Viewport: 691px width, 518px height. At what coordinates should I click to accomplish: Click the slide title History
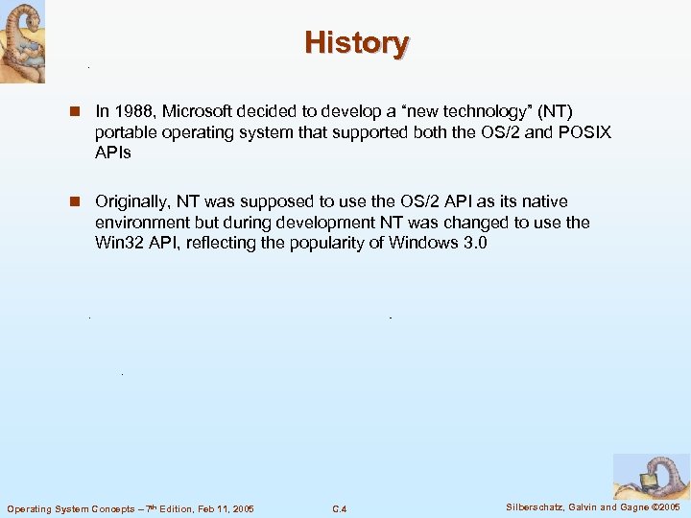point(357,43)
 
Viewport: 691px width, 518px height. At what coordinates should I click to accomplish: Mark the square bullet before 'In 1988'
point(73,113)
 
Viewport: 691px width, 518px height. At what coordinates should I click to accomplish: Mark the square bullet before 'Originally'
point(73,202)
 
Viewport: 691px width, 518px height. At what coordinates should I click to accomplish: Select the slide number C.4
point(339,507)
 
